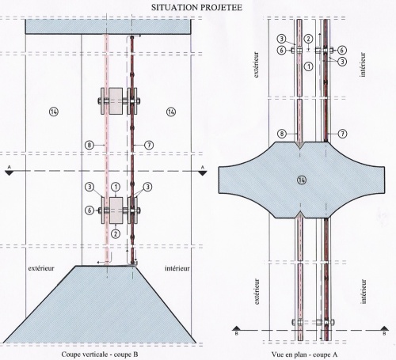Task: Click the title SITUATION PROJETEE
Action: (196, 7)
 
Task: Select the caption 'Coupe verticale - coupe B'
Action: (100, 354)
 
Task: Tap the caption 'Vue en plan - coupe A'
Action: (304, 354)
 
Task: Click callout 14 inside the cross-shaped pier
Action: (302, 180)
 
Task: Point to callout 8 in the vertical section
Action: (89, 145)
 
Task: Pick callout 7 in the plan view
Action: (342, 134)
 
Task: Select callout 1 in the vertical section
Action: (116, 187)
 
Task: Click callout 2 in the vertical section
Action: (116, 233)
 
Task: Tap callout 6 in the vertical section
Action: (89, 210)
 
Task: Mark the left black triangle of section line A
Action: (10, 173)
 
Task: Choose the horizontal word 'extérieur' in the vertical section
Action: (41, 268)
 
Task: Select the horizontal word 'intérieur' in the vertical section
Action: (177, 268)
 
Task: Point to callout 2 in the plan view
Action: (308, 39)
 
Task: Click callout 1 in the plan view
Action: (308, 66)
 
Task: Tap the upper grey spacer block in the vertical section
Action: (116, 101)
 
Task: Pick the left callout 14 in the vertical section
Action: (54, 112)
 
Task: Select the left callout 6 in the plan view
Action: (282, 50)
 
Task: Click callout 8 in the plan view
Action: (282, 134)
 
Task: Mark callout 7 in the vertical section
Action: (149, 145)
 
